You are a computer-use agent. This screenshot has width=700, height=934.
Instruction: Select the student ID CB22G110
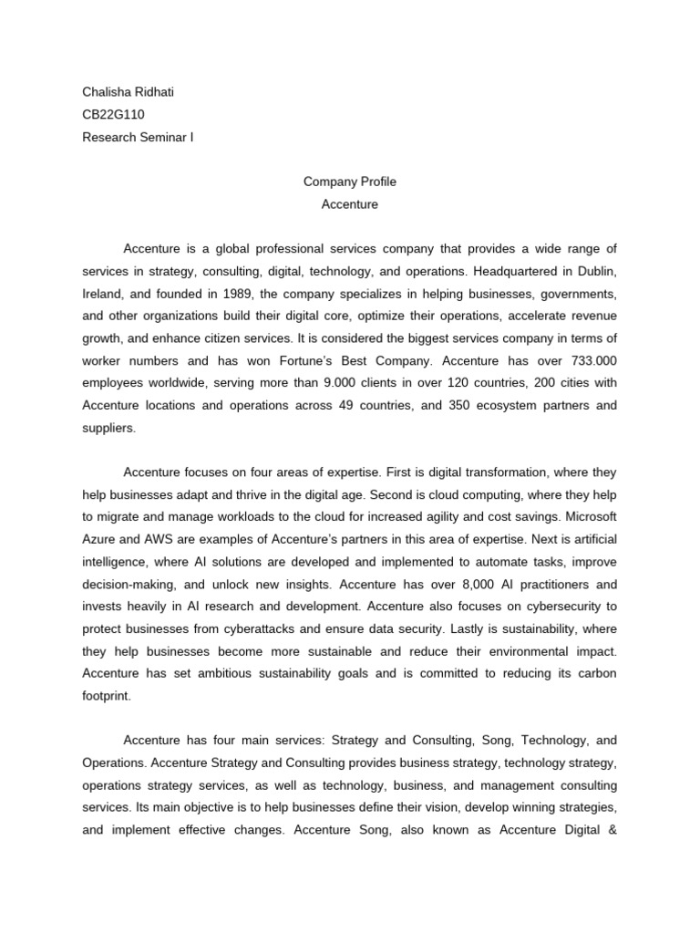113,114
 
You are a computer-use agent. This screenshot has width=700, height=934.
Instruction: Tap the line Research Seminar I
138,138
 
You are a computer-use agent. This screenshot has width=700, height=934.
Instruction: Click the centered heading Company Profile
350,182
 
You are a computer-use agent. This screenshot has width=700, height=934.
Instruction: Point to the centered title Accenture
350,204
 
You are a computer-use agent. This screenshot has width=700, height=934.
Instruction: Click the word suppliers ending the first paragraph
108,428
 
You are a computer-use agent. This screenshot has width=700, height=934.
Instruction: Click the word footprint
107,695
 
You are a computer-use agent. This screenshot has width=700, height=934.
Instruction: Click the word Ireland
102,295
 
